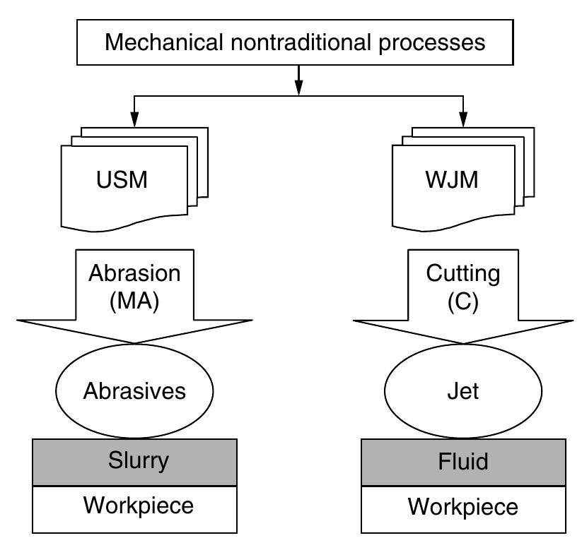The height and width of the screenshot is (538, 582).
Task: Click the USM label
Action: [x=122, y=180]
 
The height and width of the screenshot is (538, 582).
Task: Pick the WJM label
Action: [x=453, y=180]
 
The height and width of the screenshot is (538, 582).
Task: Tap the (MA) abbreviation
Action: [x=134, y=301]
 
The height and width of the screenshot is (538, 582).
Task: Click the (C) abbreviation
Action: [x=464, y=301]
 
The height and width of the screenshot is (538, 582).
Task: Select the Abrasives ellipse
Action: [x=134, y=390]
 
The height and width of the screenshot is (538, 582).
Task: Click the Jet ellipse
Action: [x=464, y=390]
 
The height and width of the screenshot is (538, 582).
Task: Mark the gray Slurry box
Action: [x=134, y=462]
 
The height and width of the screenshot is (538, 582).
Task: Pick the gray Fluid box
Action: [x=464, y=462]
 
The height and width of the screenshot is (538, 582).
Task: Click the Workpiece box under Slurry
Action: [x=134, y=508]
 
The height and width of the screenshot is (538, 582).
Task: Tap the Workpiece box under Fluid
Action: [x=464, y=508]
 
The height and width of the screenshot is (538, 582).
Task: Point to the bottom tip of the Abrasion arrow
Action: [x=134, y=344]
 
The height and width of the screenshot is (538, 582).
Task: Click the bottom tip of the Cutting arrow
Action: [x=464, y=344]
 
